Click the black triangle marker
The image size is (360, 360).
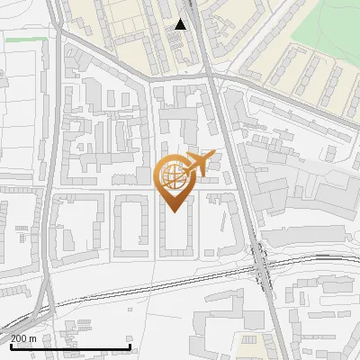(181, 24)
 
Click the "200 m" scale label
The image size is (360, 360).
(24, 337)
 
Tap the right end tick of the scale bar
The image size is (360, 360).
(130, 345)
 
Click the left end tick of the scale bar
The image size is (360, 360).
(10, 345)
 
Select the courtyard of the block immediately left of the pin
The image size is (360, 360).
(130, 225)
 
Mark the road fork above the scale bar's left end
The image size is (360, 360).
(31, 310)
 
